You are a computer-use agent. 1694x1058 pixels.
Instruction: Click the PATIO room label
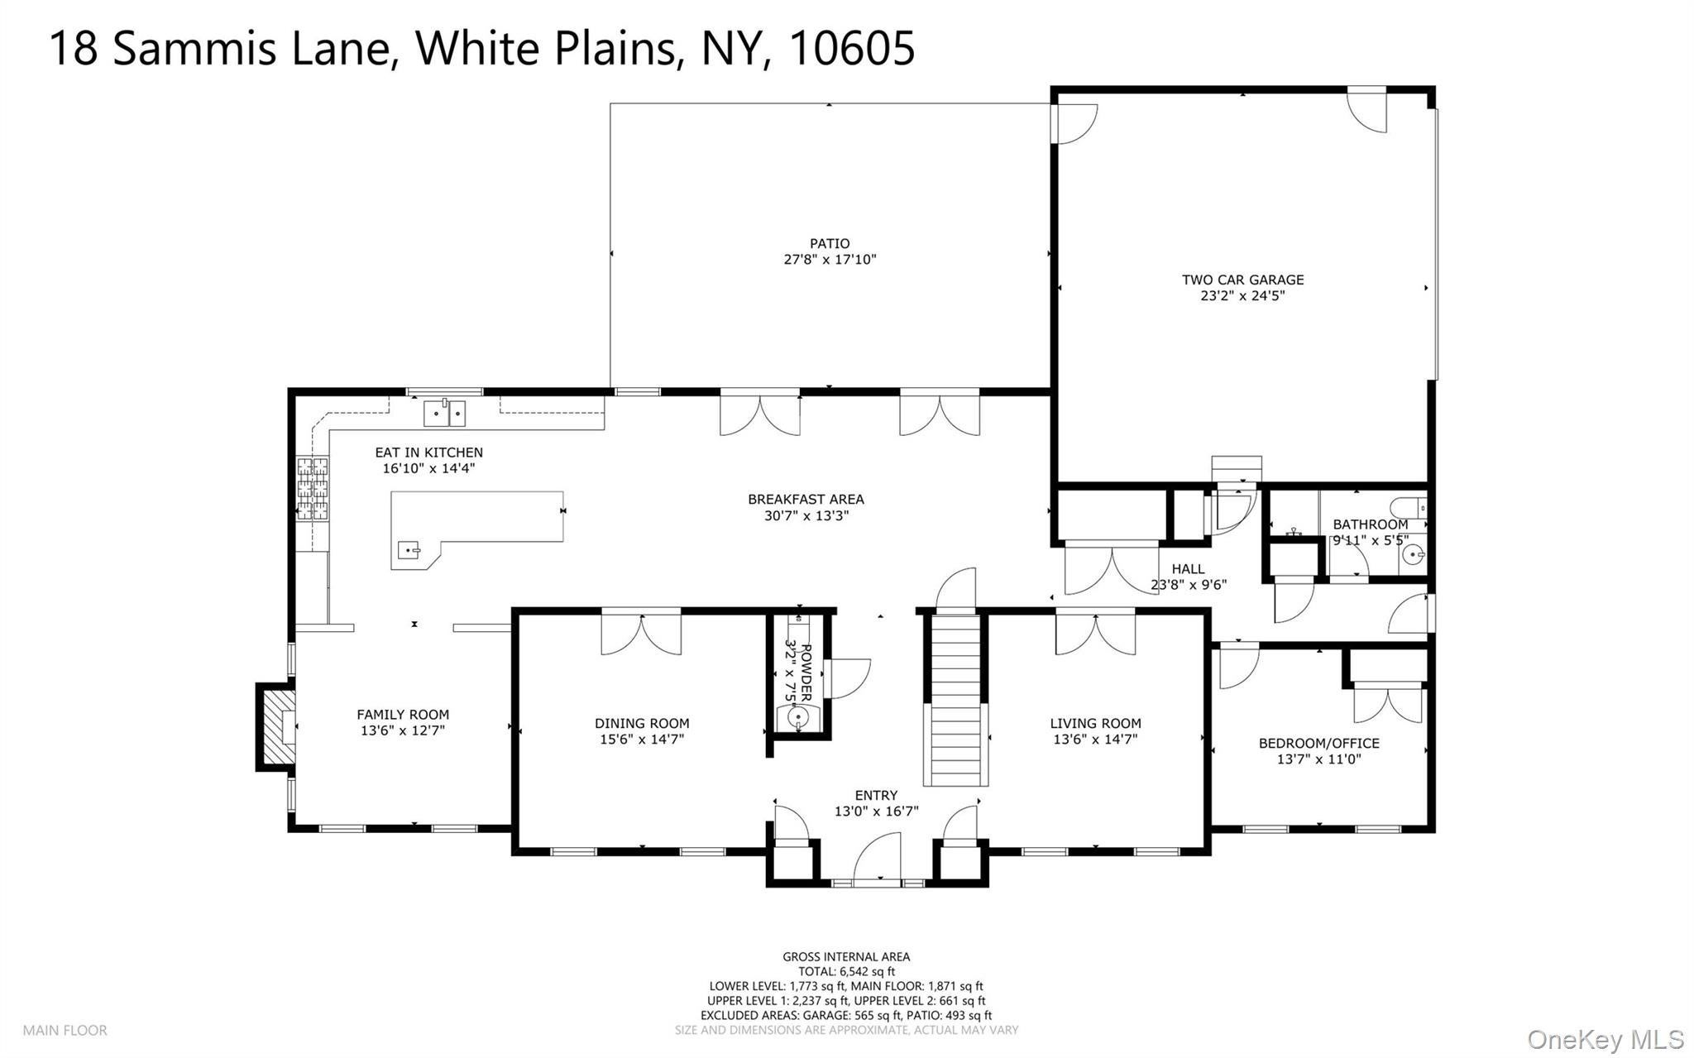pos(830,243)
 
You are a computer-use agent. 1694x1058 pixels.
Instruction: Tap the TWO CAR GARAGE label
pos(1242,280)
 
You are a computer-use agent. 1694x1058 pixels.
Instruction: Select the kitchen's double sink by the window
pos(445,412)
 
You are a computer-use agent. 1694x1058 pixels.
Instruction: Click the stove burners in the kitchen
pos(313,487)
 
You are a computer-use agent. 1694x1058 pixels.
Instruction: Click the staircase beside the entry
pos(955,699)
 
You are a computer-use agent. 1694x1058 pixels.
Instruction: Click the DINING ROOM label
pos(642,723)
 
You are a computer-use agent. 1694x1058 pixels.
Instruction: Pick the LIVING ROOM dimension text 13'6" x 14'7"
pos(1095,739)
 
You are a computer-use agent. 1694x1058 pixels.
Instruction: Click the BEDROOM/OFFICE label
pos(1318,743)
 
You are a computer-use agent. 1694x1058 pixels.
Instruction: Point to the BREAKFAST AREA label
pos(806,499)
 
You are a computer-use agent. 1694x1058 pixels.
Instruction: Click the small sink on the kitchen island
pos(409,548)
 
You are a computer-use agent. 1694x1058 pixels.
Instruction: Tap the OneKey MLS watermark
pos(1605,1038)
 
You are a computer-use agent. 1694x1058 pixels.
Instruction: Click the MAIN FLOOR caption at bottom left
pos(65,1030)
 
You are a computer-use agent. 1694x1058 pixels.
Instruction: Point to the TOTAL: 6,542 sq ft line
pos(846,971)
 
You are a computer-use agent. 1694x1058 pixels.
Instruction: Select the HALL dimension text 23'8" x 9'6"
pos(1188,584)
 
